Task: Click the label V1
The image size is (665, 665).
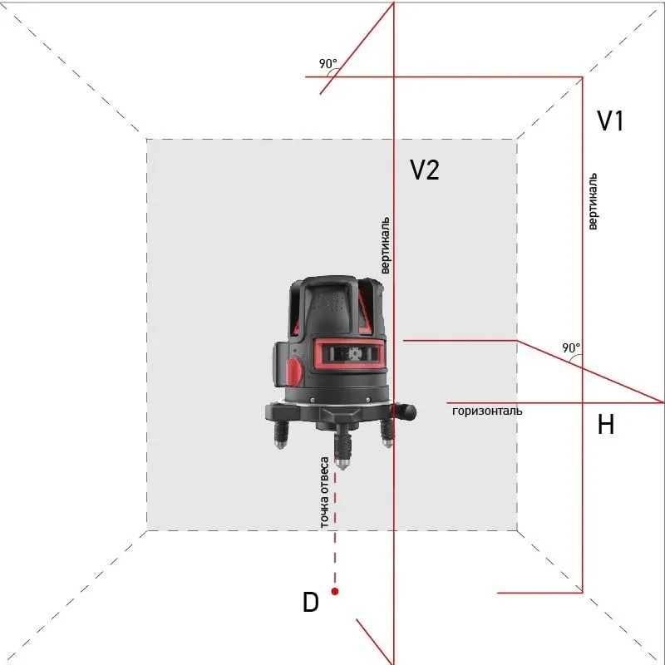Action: click(x=610, y=121)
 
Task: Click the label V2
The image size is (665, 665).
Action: click(x=424, y=170)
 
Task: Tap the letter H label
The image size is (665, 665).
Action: click(x=606, y=426)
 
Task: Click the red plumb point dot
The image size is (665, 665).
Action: click(x=335, y=591)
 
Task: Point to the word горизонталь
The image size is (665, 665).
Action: click(x=487, y=411)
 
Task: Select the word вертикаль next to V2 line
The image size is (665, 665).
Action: click(x=385, y=246)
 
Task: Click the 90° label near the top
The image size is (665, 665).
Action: click(x=328, y=63)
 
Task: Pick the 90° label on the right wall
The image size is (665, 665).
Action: click(x=571, y=347)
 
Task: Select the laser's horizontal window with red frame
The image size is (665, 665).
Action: click(x=350, y=353)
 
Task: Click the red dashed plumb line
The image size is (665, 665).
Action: click(x=335, y=532)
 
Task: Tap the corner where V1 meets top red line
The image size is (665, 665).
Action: click(x=582, y=77)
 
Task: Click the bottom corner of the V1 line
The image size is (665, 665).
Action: click(x=582, y=593)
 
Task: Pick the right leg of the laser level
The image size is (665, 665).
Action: click(x=387, y=431)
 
